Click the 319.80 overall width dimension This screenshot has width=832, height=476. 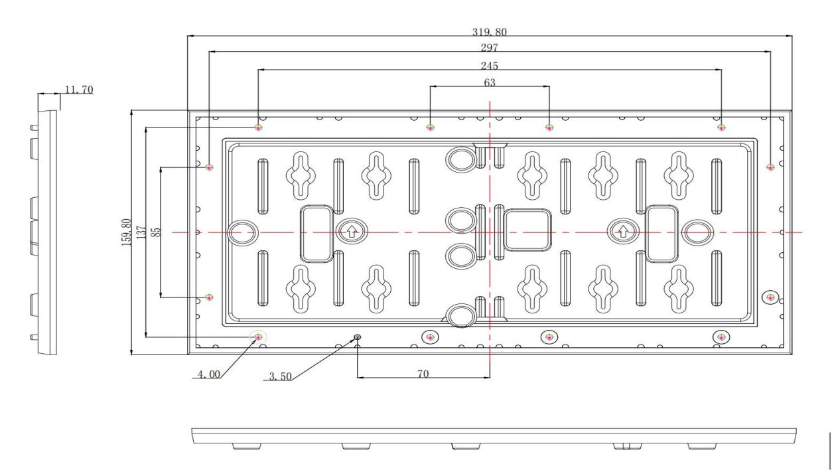[489, 33]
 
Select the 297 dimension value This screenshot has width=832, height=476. [489, 48]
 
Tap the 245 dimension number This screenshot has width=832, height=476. [489, 66]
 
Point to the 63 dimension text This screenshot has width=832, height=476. [490, 82]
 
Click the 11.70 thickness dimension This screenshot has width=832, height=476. [79, 90]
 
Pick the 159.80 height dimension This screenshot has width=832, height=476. [127, 232]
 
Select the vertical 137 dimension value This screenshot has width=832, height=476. [141, 232]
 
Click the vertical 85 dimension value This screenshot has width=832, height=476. [157, 232]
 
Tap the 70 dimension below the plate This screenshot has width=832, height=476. [423, 374]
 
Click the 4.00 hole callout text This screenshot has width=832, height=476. [209, 374]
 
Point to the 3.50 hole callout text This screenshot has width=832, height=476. [280, 377]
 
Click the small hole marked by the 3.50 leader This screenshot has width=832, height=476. [358, 337]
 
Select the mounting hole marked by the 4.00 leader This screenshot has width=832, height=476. [258, 337]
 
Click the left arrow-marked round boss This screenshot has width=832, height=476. [352, 232]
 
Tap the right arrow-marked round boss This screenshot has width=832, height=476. [623, 232]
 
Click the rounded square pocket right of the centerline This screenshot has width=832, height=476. [527, 230]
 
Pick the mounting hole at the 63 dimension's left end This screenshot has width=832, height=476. [430, 127]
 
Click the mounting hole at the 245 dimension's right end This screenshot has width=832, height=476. [721, 127]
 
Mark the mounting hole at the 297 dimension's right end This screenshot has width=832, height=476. [770, 167]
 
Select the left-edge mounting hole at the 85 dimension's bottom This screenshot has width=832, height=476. [209, 297]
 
